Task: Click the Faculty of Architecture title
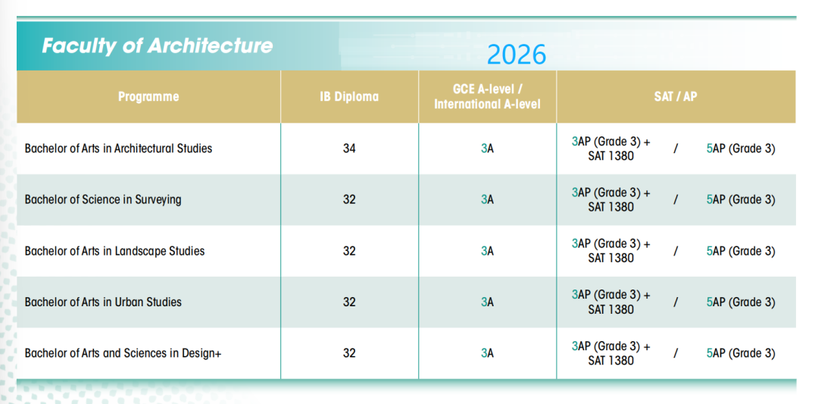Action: coord(157,45)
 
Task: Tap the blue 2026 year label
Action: coord(516,55)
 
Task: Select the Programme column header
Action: coord(148,96)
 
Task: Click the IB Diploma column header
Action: coord(349,96)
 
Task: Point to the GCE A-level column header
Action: coord(487,96)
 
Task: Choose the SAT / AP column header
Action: coord(676,96)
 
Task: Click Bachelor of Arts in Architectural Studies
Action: coord(118,149)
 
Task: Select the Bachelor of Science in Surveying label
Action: coord(103,199)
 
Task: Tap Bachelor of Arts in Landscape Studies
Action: coord(114,251)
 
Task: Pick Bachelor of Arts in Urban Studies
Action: coord(103,302)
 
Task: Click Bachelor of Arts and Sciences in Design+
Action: coord(123,353)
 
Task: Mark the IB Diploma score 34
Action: coord(349,149)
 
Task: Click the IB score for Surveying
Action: coord(349,199)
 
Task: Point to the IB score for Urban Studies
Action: coord(349,302)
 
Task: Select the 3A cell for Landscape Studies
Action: coord(487,251)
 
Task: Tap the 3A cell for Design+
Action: coord(487,353)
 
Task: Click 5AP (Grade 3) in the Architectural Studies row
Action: coord(740,149)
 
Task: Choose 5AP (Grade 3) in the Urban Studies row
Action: coord(740,302)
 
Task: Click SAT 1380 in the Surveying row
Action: coord(610,207)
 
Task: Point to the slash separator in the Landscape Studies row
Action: coord(675,251)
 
